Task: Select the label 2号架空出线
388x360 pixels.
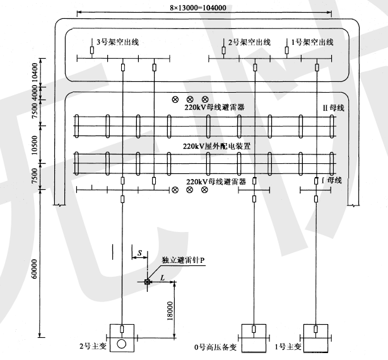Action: coord(250,43)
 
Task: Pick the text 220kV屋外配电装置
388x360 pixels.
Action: coord(216,146)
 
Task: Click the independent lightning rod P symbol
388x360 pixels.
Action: coord(147,282)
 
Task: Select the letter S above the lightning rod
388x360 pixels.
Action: coord(139,252)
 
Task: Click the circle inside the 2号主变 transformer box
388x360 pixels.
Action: coord(121,344)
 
